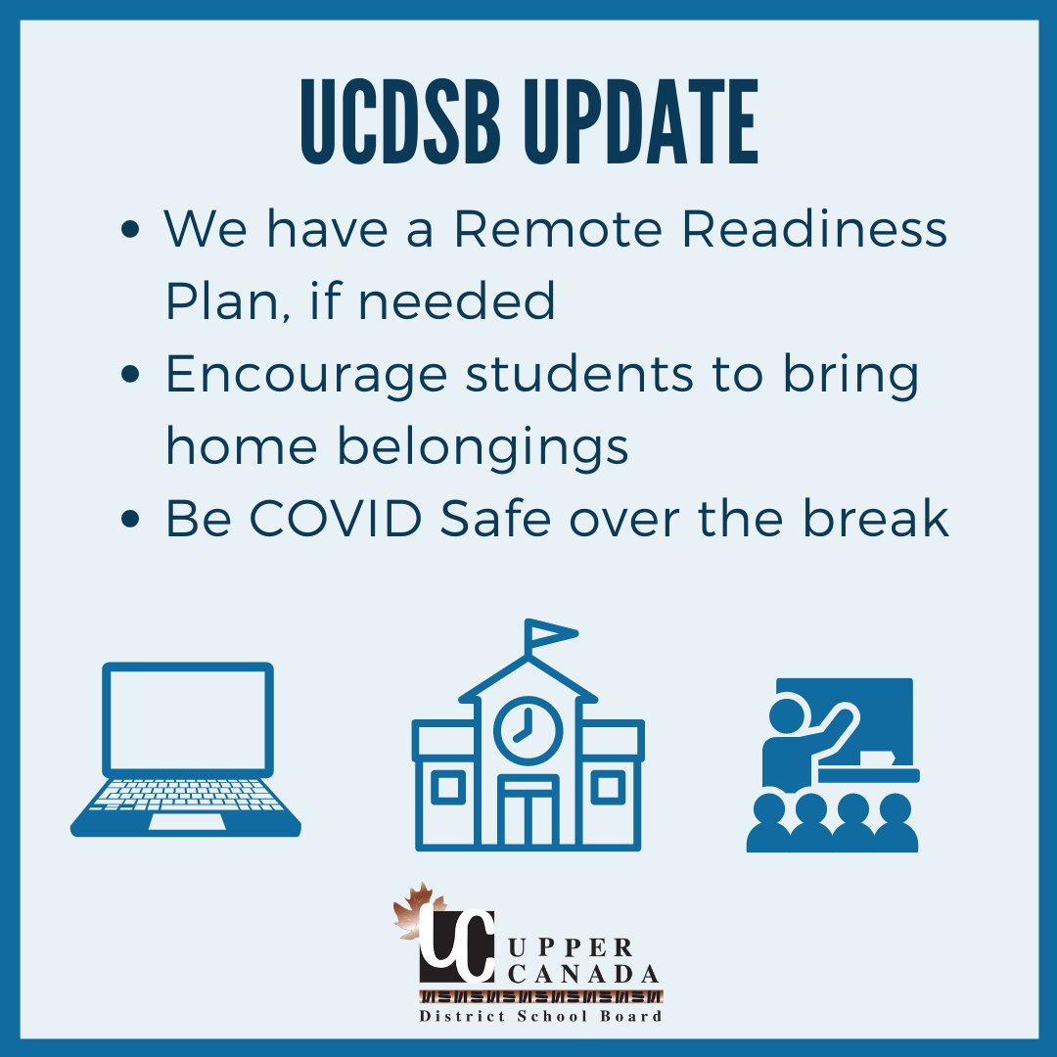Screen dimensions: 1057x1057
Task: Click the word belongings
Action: (483, 447)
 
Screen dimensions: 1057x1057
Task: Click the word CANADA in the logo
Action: (584, 974)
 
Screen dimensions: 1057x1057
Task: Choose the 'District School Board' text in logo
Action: (541, 1016)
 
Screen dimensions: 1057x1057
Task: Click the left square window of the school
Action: (449, 788)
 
